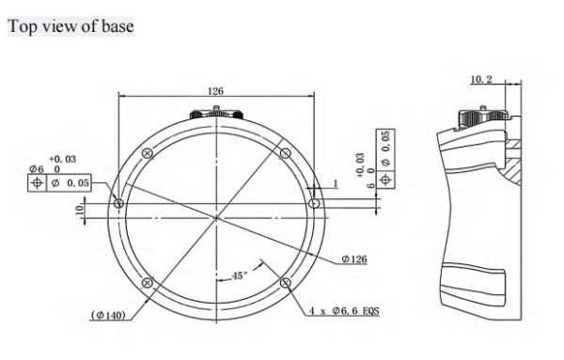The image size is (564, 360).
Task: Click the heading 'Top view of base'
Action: pos(70,26)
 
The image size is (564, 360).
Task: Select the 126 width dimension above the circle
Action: pos(215,91)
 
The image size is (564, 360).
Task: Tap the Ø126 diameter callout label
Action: pos(354,258)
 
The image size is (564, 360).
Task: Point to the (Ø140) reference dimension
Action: pos(108,316)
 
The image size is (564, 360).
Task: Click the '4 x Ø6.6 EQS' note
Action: pos(344,311)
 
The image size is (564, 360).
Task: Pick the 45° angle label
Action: pos(239,275)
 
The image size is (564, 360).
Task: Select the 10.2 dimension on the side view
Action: pos(481,79)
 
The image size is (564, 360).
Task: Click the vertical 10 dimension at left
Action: pos(80,209)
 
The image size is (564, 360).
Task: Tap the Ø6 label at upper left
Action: pos(37,169)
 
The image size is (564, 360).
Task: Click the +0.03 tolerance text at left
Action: pos(63,159)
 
